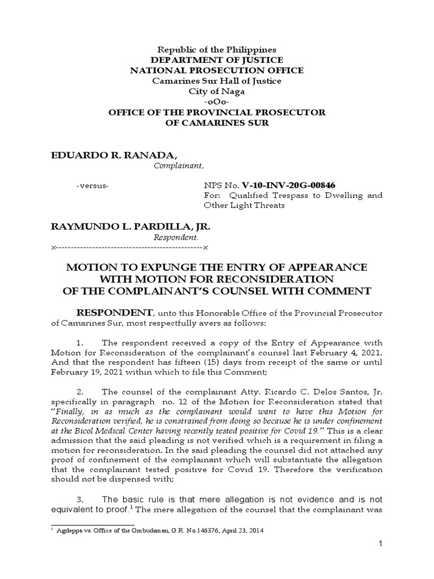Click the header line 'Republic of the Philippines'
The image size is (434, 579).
pyautogui.click(x=216, y=50)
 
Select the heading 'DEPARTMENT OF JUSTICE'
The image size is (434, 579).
pyautogui.click(x=216, y=60)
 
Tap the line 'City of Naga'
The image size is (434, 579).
pyautogui.click(x=216, y=91)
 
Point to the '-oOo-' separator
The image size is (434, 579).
pyautogui.click(x=216, y=102)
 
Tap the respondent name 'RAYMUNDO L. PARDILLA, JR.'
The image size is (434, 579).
pyautogui.click(x=131, y=227)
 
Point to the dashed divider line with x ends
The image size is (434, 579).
pyautogui.click(x=129, y=248)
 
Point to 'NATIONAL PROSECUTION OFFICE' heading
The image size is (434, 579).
pyautogui.click(x=216, y=70)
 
